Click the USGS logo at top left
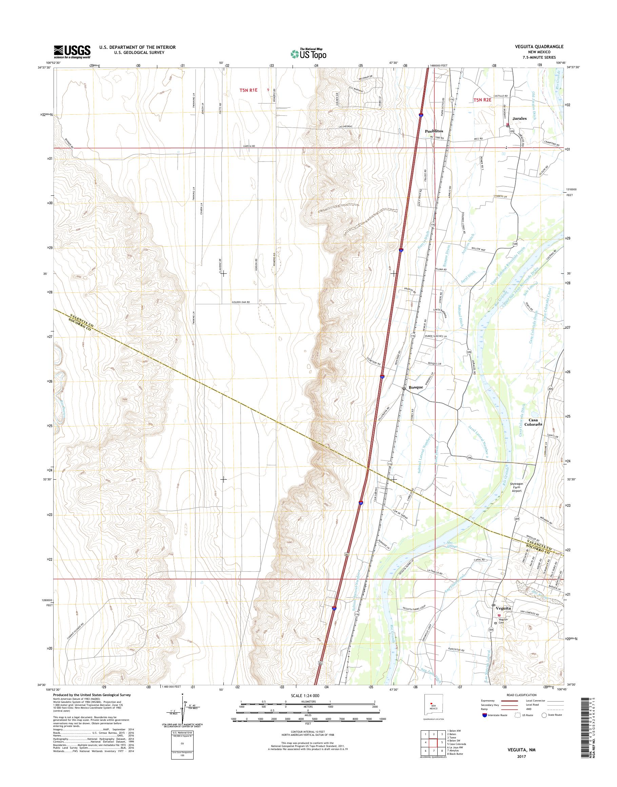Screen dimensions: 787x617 72,52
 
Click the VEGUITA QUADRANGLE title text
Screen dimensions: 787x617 541,47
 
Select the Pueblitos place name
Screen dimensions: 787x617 434,131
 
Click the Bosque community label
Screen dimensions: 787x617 415,387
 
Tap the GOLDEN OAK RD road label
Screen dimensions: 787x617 241,302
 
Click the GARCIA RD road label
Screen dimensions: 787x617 249,146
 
